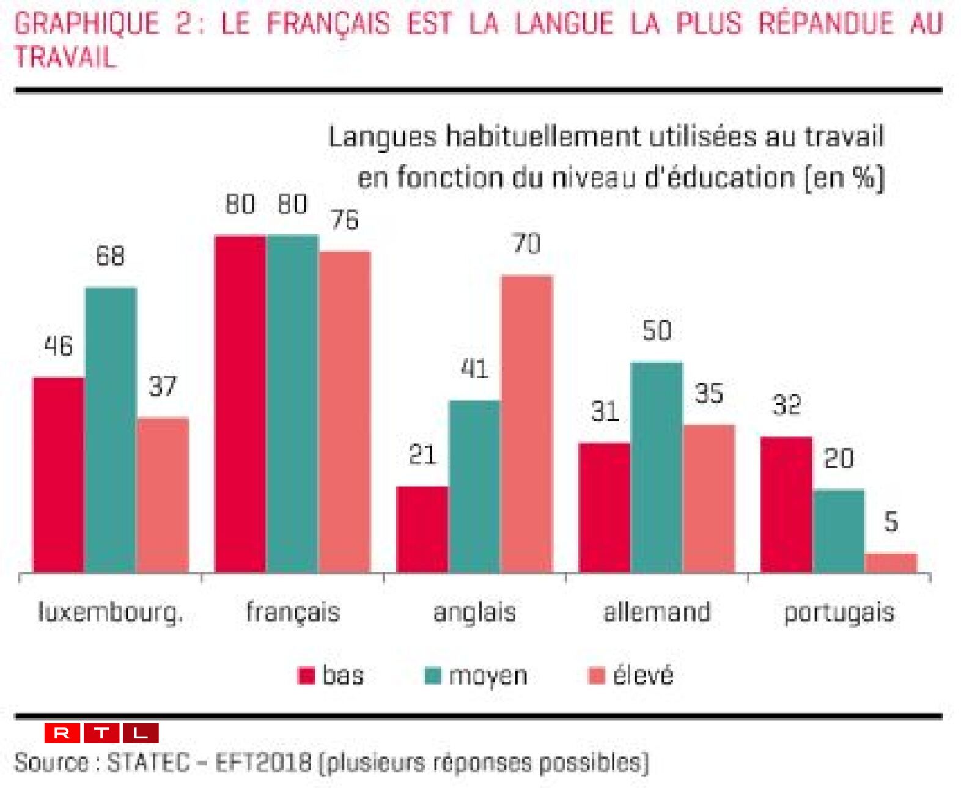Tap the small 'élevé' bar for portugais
click(891, 562)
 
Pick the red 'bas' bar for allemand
click(605, 507)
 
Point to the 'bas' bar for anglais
click(422, 529)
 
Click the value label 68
click(110, 256)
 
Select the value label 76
click(345, 220)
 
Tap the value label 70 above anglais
click(527, 244)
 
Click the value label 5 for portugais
click(891, 522)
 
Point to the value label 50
click(657, 331)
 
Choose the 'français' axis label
click(293, 612)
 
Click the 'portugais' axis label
click(839, 612)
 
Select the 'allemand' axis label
click(657, 612)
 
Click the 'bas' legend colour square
click(306, 676)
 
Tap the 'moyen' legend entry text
click(488, 676)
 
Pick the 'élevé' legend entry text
click(643, 676)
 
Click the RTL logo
click(101, 732)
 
